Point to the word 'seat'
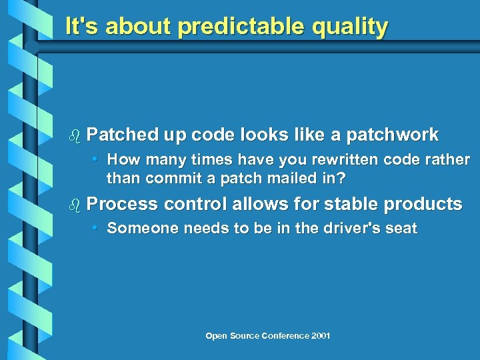(401, 229)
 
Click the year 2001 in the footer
(320, 335)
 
